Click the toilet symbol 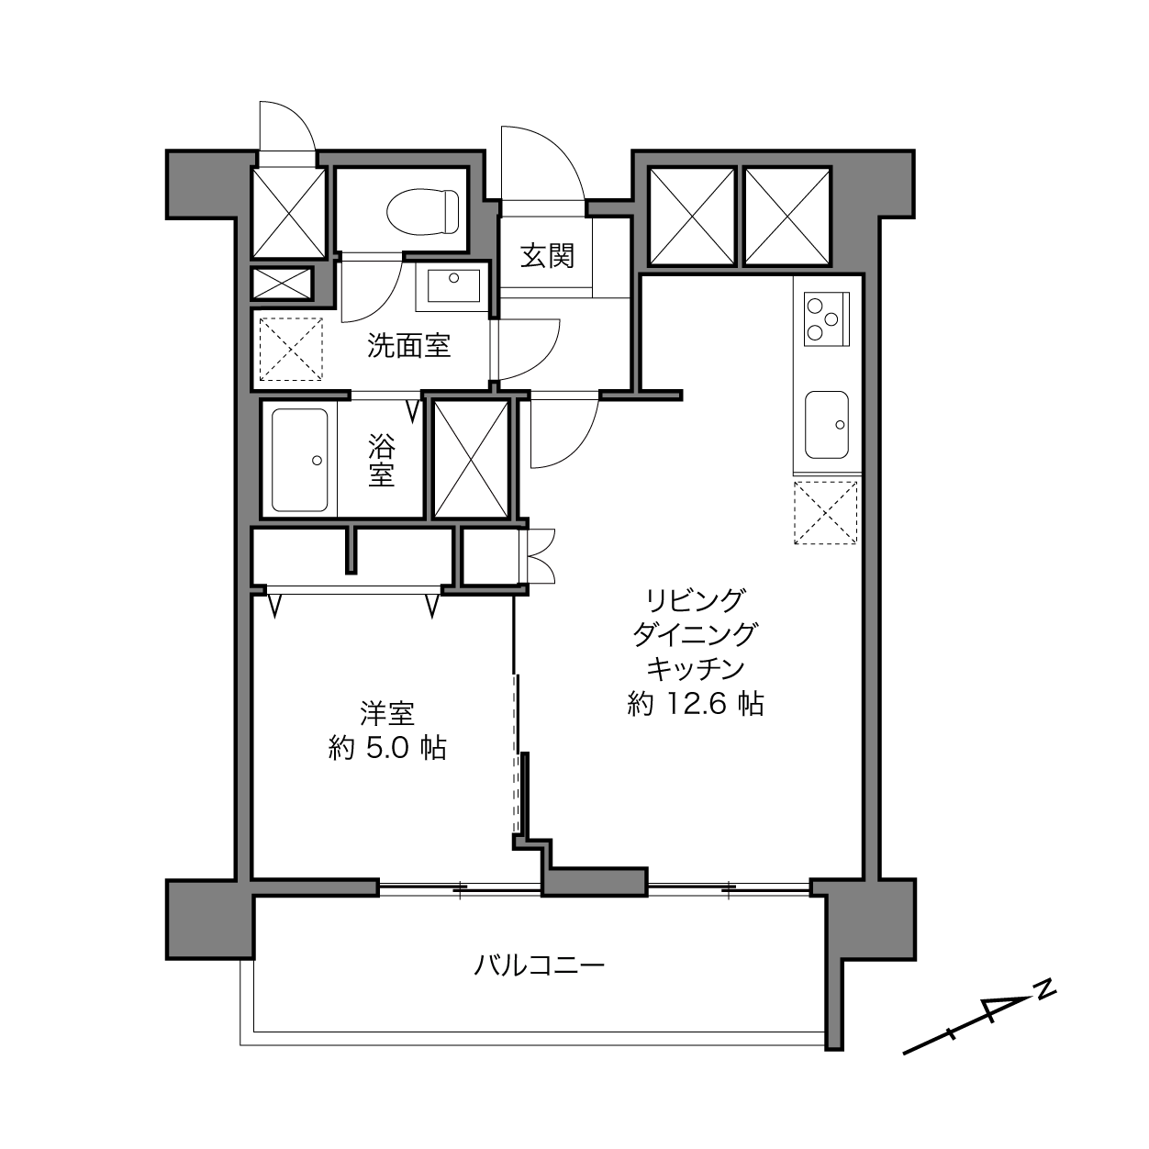point(423,211)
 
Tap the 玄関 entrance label point(547,255)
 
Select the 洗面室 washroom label point(408,345)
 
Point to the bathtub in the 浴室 point(299,460)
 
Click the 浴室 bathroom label point(381,461)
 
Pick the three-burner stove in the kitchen point(827,319)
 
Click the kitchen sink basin point(827,425)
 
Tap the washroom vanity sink point(453,285)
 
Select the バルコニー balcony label point(539,965)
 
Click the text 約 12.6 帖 point(696,704)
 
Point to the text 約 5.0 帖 point(387,748)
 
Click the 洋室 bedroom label point(387,713)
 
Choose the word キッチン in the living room point(696,669)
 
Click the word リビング point(696,599)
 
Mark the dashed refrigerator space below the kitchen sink point(825,513)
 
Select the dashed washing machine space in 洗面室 point(291,349)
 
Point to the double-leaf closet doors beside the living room point(541,556)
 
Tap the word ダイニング point(696,634)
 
